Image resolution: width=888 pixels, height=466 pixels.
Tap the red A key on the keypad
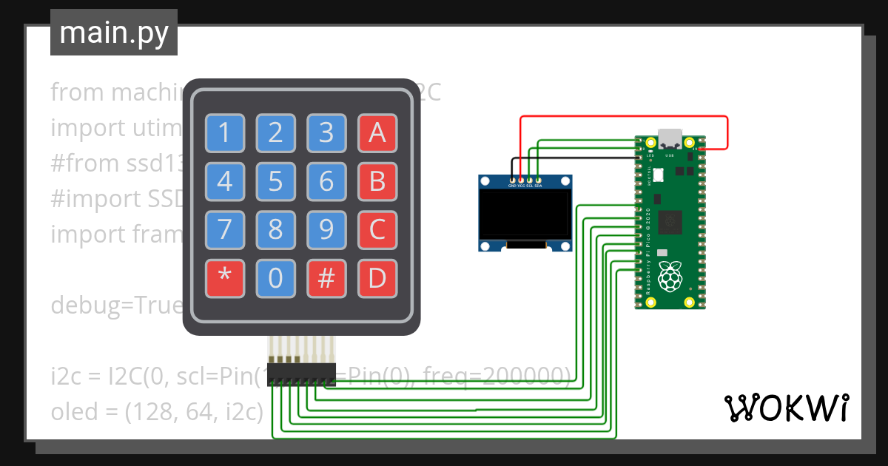(x=377, y=133)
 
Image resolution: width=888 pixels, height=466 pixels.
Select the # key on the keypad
(x=326, y=278)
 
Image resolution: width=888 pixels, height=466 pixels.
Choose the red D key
(x=377, y=278)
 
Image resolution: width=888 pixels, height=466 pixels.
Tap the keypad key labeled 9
(x=326, y=230)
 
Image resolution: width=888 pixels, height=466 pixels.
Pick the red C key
(x=377, y=230)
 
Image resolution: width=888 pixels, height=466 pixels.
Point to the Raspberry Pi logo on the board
(x=670, y=275)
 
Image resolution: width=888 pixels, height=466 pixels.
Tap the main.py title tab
(x=113, y=33)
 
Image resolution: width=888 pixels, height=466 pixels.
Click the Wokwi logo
(x=786, y=408)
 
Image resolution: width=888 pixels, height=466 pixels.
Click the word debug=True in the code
(x=115, y=305)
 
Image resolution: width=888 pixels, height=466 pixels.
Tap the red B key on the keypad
(x=377, y=181)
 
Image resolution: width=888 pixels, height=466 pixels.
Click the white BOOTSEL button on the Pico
(x=658, y=175)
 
